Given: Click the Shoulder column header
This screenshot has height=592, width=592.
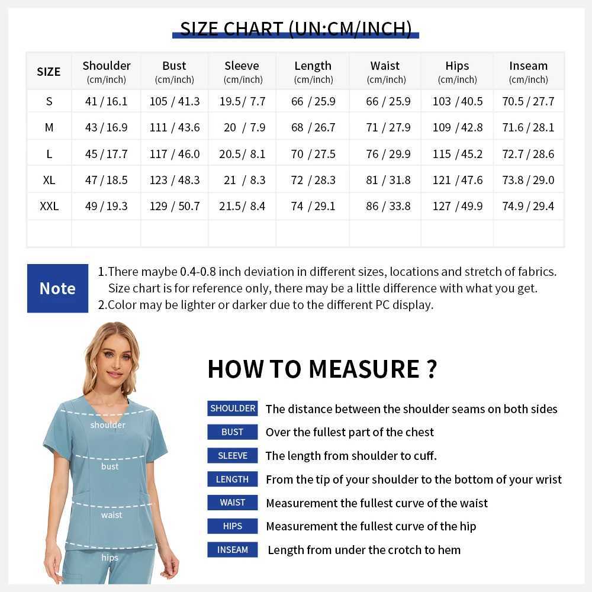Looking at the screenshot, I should pos(107,72).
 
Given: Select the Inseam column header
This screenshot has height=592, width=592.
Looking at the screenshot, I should pos(528,72).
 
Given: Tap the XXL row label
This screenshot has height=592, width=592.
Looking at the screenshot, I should pos(49,206).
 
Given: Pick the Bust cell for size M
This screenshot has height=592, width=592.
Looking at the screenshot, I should pos(175,127).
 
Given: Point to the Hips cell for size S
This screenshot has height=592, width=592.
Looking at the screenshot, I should pos(457,101).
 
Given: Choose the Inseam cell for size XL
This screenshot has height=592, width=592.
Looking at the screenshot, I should pos(528,180).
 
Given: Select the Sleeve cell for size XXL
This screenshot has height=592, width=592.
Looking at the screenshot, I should pos(242,206).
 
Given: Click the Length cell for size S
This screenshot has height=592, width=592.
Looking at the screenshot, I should pos(313,101).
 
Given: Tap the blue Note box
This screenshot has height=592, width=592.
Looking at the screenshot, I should pos(57,288).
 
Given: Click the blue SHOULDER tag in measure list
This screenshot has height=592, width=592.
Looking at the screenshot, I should pos(233,408).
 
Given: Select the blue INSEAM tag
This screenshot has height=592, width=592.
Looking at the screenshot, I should pos(233,550).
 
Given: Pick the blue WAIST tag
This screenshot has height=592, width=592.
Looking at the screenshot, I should pos(233,503).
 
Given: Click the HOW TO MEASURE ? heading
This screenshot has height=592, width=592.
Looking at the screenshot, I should pos(322,369).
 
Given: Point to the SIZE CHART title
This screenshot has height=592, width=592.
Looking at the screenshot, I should pos(295,28).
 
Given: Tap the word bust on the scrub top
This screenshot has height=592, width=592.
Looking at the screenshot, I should pos(110,466).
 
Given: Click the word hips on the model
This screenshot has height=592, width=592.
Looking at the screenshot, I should pos(110,558).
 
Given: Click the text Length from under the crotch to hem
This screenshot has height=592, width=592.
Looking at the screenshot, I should pos(364,550).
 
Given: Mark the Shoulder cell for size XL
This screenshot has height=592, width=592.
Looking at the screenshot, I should pos(107,180).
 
